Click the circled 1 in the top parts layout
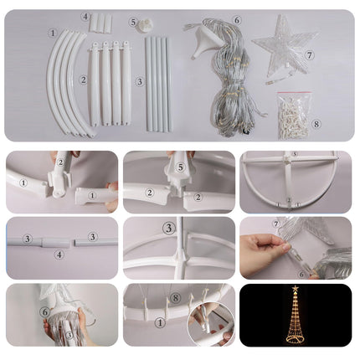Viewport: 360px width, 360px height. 53,33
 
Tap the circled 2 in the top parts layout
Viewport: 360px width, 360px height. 83,80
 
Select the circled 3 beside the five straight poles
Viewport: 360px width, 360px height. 140,82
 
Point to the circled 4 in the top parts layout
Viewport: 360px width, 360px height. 85,17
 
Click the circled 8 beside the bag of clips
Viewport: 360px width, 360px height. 316,124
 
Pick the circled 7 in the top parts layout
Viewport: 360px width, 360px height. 309,55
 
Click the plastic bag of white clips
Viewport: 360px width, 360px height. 293,116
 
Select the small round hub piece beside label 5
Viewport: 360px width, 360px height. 145,24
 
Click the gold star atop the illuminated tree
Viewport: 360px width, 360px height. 295,289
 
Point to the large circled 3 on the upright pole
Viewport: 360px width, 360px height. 169,229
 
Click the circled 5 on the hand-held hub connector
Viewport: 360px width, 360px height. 181,167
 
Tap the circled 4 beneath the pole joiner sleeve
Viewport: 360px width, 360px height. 59,255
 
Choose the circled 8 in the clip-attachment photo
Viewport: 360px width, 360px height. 175,298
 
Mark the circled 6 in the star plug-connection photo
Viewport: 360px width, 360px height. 301,275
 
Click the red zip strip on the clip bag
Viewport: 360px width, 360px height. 294,93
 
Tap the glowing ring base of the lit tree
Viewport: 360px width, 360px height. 296,338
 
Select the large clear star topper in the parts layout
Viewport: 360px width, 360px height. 284,44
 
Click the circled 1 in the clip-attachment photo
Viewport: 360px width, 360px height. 160,323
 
